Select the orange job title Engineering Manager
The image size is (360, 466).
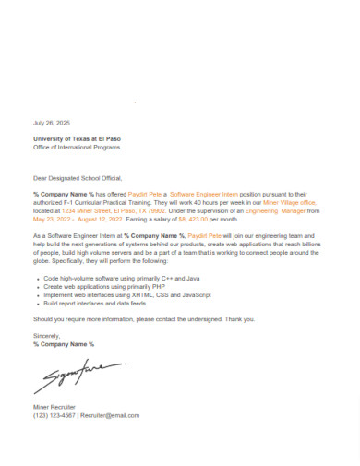273,211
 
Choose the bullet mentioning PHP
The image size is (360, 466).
106,286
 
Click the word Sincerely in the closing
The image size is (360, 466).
46,337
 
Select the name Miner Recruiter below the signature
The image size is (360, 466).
54,407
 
